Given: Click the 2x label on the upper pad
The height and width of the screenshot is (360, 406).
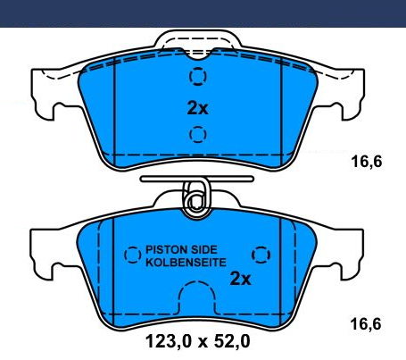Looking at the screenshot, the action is [197, 108].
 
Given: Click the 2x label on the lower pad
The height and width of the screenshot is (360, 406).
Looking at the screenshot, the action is [240, 279].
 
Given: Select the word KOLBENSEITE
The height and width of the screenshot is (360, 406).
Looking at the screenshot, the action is [186, 263].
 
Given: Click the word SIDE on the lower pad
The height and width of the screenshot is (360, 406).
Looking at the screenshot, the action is [204, 249].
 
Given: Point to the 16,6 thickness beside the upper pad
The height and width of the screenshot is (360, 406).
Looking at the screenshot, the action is [367, 162].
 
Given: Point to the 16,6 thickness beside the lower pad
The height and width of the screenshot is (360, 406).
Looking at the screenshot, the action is [366, 324].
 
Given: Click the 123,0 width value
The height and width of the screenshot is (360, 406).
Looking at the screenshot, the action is [168, 341].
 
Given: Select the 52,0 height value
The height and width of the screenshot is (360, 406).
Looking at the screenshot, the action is [232, 341].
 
